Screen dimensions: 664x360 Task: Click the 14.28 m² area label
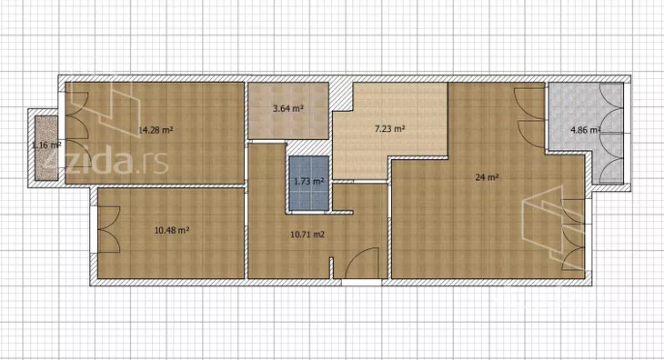coord(156,130)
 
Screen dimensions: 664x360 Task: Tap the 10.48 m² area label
coord(172,231)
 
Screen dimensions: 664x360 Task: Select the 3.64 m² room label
coord(288,108)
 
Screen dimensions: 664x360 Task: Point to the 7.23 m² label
coord(390,128)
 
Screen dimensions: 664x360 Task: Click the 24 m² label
coord(487,177)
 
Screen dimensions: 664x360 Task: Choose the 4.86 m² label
coord(586,130)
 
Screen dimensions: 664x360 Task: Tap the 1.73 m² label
coord(309,182)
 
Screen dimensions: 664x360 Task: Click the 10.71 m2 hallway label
coord(307,234)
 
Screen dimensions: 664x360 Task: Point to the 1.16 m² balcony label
coord(46,145)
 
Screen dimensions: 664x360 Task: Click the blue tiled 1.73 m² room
coord(309,183)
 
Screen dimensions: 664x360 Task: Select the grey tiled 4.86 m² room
coord(586,133)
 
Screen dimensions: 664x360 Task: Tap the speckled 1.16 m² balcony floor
coord(46,148)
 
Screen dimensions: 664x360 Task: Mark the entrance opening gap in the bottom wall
coord(362,282)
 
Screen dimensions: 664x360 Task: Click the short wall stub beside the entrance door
coord(332,268)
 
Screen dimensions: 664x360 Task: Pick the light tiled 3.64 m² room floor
coord(288,111)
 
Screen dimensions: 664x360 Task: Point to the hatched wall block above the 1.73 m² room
coord(307,148)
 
